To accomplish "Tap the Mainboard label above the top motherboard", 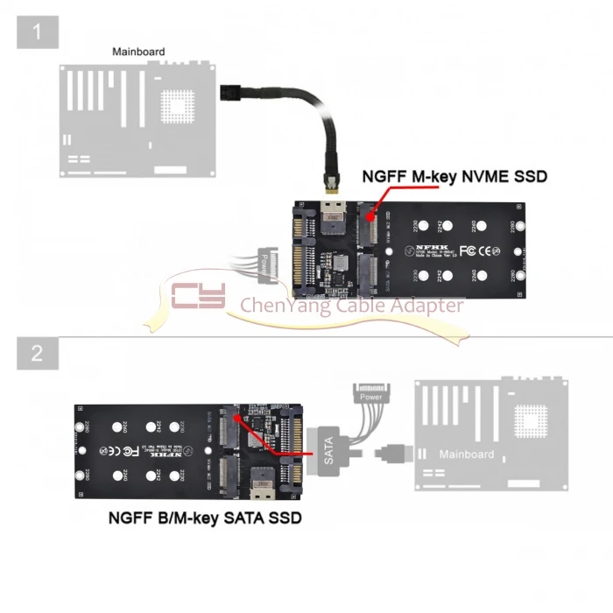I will [138, 52].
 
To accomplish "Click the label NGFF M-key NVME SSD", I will [454, 178].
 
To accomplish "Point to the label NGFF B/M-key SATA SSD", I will [205, 518].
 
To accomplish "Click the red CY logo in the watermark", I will [198, 296].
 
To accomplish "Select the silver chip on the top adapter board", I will [334, 215].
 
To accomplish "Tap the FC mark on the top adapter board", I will [467, 250].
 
